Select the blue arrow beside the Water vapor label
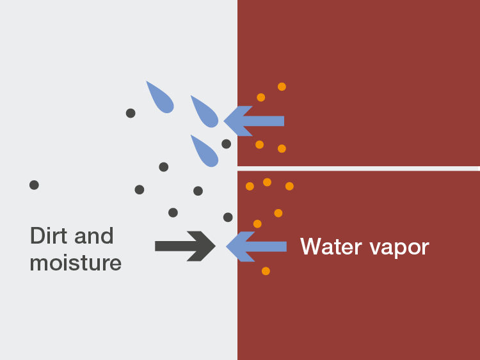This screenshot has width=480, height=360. tap(256, 246)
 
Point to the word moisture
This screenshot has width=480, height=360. tap(76, 262)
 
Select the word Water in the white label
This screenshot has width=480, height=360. tap(330, 246)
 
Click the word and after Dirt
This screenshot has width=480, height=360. tap(93, 235)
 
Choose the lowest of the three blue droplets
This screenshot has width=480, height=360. tap(206, 151)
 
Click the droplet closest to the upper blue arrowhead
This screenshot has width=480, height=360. tap(206, 113)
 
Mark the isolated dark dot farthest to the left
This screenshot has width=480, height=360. tap(34, 185)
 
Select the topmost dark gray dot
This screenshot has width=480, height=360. tap(131, 113)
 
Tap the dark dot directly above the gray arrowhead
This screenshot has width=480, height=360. tap(228, 217)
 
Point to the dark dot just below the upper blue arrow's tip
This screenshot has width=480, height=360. tap(226, 144)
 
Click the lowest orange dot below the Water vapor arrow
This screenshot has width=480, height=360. tap(266, 271)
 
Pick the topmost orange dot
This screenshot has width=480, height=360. tap(282, 86)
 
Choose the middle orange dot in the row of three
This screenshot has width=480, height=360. tap(267, 182)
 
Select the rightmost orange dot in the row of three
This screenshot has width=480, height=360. tap(289, 186)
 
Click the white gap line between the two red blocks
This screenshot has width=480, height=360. tap(358, 168)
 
